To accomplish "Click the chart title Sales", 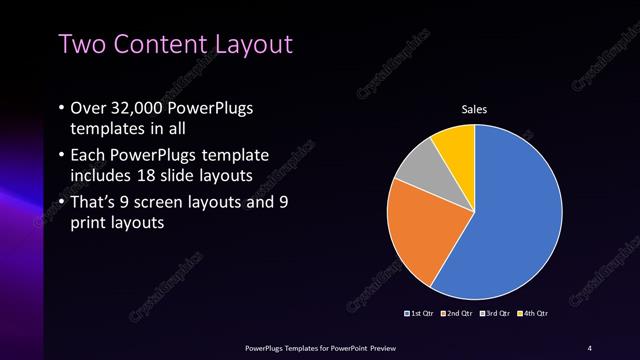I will tap(474, 109).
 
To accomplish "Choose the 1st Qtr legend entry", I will tap(422, 313).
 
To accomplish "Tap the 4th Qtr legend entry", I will tap(534, 313).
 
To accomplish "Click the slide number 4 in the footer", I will tap(590, 347).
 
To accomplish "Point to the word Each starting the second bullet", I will tap(88, 156).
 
